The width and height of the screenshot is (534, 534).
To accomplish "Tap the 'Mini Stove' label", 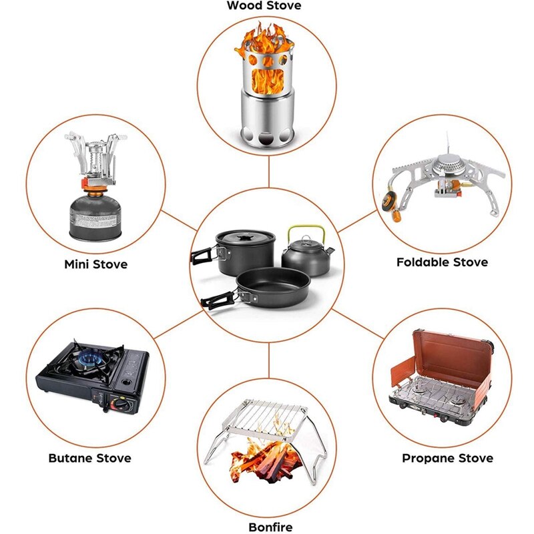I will pyautogui.click(x=95, y=264).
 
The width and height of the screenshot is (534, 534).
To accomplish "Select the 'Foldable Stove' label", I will pyautogui.click(x=442, y=262).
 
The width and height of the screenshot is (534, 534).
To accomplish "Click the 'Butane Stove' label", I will pyautogui.click(x=89, y=458).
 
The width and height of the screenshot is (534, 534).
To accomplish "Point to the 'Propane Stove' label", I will pyautogui.click(x=447, y=458).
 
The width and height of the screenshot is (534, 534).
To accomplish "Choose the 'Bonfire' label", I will pyautogui.click(x=270, y=527).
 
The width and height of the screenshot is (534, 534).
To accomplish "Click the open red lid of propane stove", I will pyautogui.click(x=444, y=354).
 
